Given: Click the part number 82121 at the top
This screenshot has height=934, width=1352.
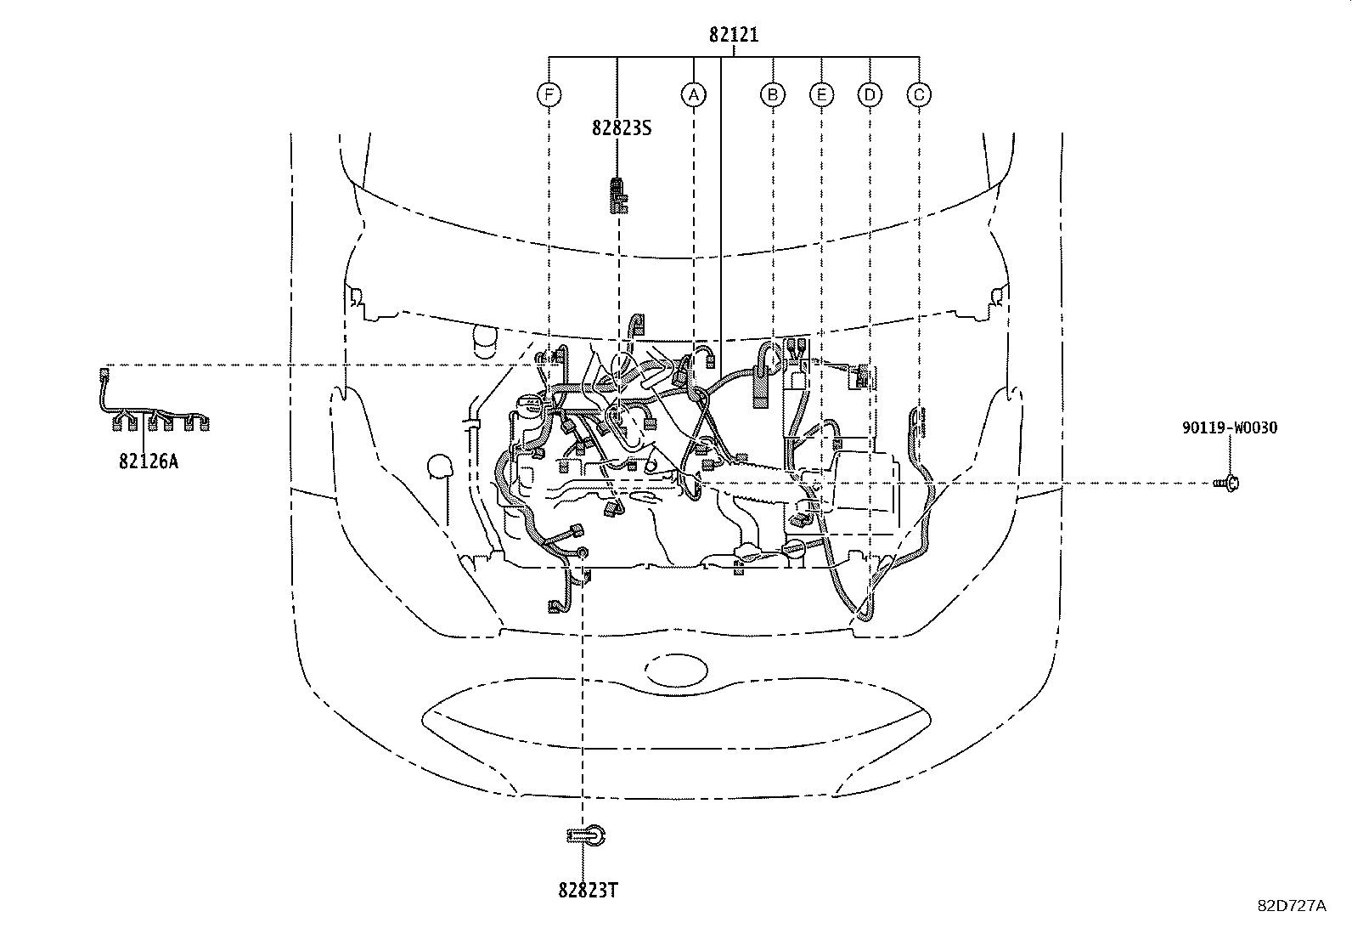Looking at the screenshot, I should click(734, 35).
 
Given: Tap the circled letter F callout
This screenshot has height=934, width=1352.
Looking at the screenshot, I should click(549, 94).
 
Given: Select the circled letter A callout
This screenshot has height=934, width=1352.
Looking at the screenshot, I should click(694, 94).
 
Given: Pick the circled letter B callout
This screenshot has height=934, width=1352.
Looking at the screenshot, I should click(772, 94).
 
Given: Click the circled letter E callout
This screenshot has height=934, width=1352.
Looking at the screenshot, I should click(820, 94).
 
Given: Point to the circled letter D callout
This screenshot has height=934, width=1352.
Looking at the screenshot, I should click(870, 94).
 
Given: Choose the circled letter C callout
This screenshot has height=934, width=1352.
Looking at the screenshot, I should click(919, 94).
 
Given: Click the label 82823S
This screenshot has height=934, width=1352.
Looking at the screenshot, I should click(622, 128).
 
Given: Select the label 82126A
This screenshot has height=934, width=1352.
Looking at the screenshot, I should click(149, 461).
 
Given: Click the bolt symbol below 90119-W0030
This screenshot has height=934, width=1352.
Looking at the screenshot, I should click(1229, 484).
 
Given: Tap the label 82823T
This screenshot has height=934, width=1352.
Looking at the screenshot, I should click(588, 890).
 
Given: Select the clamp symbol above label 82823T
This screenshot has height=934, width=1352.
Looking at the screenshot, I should click(588, 836).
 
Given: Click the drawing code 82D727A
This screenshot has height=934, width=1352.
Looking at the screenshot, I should click(1292, 906).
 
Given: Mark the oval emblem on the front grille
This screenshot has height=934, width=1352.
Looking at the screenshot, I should click(676, 670).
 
